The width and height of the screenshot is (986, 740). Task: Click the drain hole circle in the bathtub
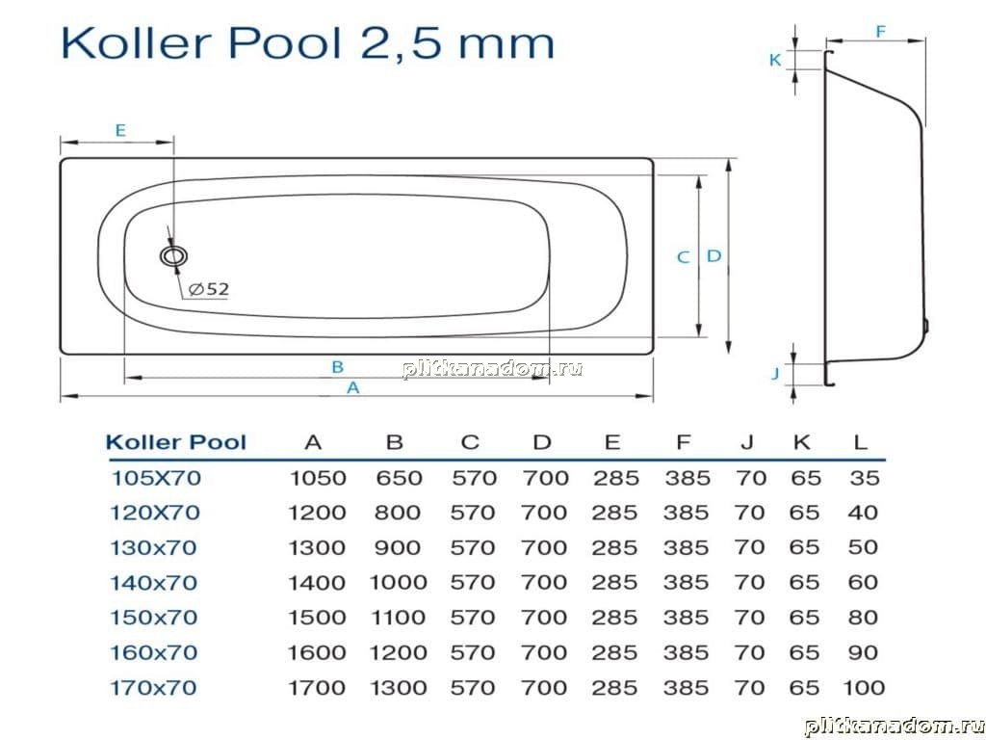click(173, 256)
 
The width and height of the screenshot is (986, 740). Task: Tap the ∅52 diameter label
click(209, 289)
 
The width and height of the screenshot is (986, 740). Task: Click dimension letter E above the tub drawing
click(120, 130)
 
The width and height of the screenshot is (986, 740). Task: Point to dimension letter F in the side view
click(881, 32)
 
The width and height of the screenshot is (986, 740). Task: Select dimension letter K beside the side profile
click(775, 60)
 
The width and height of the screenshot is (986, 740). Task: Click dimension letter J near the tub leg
click(775, 373)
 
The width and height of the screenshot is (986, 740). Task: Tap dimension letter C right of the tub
click(684, 256)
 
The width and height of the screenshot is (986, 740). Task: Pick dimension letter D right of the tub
click(714, 256)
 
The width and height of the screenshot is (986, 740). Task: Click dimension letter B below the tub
click(338, 367)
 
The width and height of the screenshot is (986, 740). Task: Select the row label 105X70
click(156, 478)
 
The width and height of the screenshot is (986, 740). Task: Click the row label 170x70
click(154, 688)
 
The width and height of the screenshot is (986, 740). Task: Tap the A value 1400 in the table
click(317, 583)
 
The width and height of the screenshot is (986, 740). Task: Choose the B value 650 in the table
click(399, 478)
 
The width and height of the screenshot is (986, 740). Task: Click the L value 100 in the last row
click(865, 688)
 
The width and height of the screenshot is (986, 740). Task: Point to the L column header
click(861, 442)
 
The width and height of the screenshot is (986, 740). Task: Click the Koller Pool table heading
click(176, 442)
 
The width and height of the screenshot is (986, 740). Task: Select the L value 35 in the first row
click(865, 478)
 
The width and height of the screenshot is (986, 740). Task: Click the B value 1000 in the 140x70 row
click(398, 583)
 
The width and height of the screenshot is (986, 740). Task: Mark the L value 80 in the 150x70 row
click(864, 618)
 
